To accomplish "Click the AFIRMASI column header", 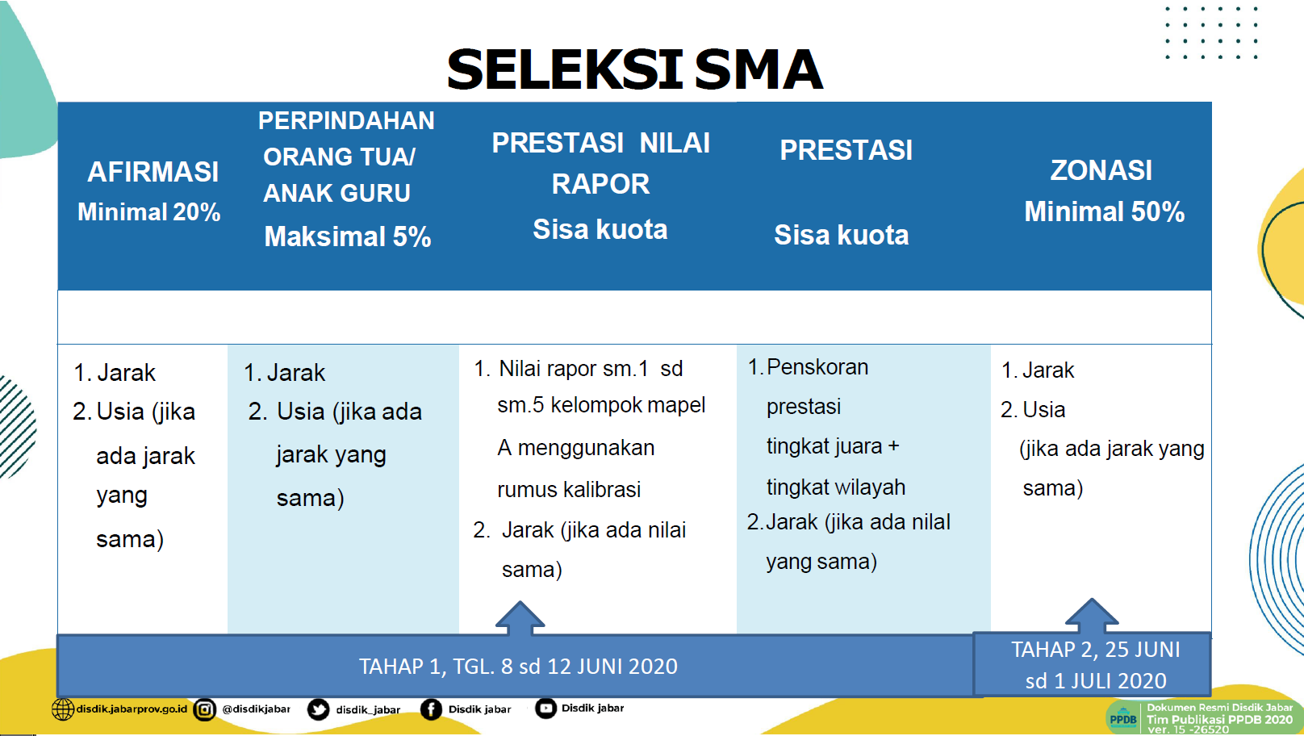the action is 153,172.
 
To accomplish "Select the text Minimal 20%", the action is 149,212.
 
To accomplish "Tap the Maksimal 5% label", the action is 348,236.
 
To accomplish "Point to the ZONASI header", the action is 1101,170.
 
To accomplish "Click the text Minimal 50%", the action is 1105,211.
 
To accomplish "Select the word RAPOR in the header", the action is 600,184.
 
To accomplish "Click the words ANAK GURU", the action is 336,193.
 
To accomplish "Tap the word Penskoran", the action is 817,367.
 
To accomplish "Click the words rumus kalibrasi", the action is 569,490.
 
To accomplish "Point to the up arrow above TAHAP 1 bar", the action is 520,618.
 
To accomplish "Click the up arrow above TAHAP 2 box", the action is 1092,616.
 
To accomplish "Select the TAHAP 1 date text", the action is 518,666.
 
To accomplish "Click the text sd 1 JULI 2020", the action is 1096,680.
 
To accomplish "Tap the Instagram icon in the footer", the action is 204,710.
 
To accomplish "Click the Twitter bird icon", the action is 318,710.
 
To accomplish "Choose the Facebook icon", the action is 431,709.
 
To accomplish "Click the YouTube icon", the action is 545,708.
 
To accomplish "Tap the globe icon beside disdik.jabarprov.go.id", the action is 63,709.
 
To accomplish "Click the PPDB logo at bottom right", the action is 1122,718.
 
